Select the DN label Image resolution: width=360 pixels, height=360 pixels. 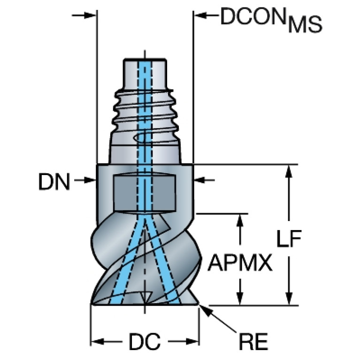[54, 182]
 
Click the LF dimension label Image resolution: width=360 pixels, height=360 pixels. [289, 239]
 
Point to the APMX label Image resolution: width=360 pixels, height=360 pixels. [240, 263]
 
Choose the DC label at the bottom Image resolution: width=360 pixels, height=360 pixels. [145, 341]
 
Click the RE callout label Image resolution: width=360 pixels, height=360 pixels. [253, 341]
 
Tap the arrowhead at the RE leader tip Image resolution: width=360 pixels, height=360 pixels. [204, 310]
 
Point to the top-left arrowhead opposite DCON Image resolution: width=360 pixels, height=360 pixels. [90, 15]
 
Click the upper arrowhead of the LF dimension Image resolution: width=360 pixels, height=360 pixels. [289, 171]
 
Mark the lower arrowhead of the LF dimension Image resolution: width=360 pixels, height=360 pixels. [289, 299]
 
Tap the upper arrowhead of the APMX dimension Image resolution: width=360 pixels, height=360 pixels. [240, 220]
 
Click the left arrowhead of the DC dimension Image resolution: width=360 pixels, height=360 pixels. [98, 341]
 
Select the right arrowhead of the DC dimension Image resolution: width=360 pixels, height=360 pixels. [192, 341]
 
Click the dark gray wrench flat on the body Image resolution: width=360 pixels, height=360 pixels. [145, 192]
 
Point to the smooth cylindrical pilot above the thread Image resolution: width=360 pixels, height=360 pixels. [145, 74]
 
